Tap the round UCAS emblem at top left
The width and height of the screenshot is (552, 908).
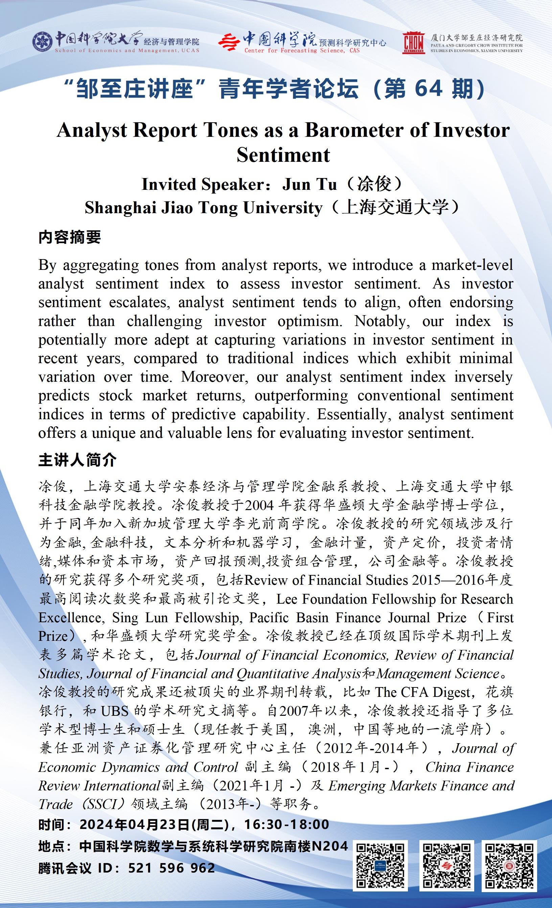pos(42,42)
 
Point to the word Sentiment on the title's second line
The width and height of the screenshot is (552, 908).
pos(283,155)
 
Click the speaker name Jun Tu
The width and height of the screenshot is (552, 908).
pos(309,184)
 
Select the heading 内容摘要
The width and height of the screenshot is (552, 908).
pos(69,237)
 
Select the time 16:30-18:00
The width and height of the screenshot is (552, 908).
pos(287,824)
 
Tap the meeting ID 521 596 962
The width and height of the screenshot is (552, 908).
pos(171,868)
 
